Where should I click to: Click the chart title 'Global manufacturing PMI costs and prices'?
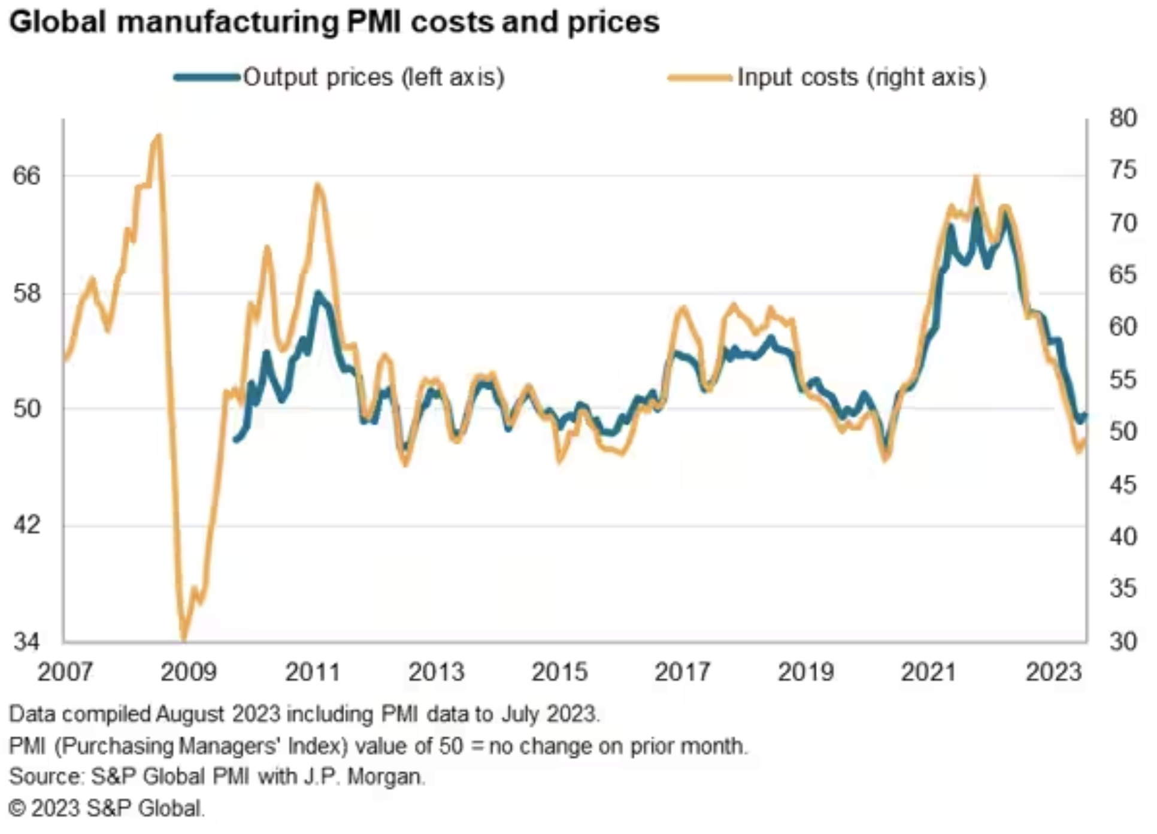pos(334,23)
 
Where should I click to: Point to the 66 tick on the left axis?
pos(26,176)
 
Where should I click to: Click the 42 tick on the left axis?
pos(26,525)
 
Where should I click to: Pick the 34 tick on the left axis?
pos(26,642)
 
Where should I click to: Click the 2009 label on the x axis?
pos(188,672)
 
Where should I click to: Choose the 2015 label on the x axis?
pos(559,672)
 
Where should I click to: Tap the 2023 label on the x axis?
pos(1054,672)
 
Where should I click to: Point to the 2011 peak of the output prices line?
pos(318,293)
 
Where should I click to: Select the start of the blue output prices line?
pos(235,440)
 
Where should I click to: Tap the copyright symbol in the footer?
pos(17,809)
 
